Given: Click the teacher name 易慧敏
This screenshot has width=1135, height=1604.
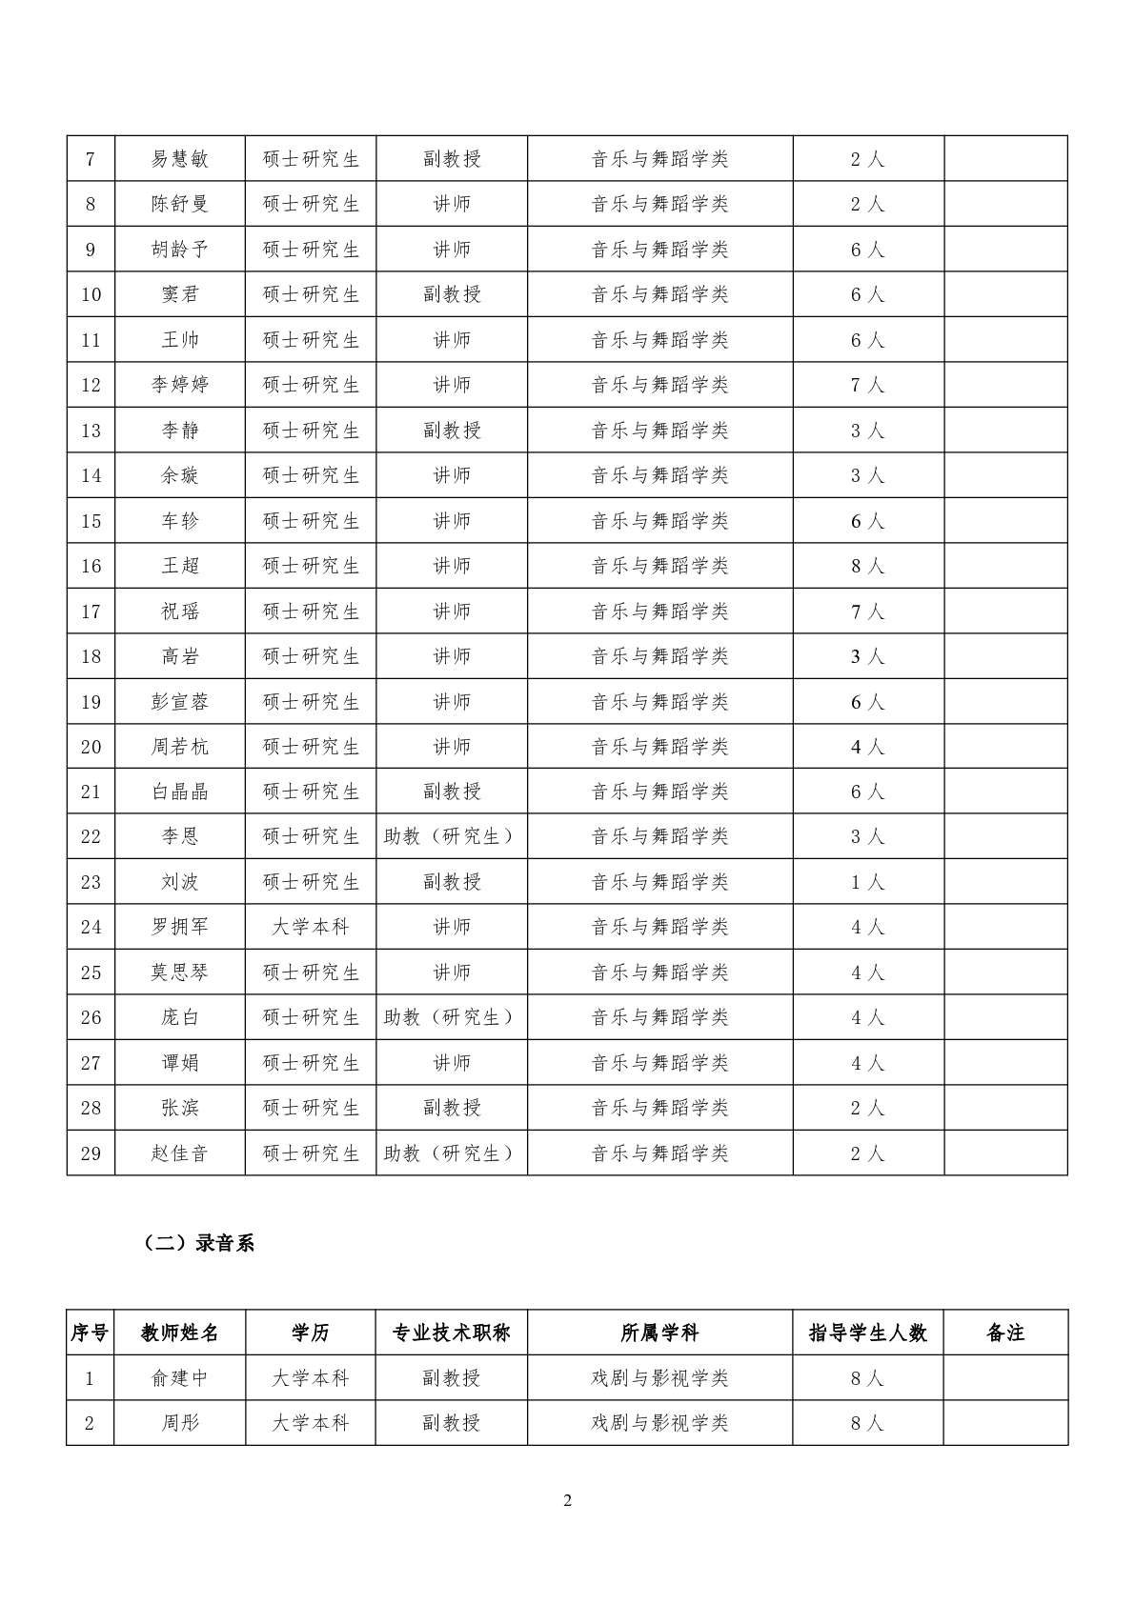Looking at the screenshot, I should pyautogui.click(x=179, y=159).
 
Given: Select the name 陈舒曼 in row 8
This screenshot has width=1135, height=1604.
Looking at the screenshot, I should pyautogui.click(x=179, y=204).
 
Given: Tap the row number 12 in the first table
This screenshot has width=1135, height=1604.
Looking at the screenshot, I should pyautogui.click(x=91, y=385).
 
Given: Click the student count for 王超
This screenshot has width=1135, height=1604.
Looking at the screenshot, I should pyautogui.click(x=867, y=566).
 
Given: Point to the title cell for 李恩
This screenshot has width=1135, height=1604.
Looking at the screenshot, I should pyautogui.click(x=451, y=836).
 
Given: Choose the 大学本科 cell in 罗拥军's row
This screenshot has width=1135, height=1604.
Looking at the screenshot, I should pyautogui.click(x=311, y=927).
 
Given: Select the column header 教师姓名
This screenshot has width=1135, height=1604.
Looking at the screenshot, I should pyautogui.click(x=179, y=1333).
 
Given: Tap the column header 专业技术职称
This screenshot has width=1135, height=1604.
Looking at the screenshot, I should pyautogui.click(x=451, y=1333).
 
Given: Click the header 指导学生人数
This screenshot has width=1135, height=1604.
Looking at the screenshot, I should pyautogui.click(x=867, y=1333).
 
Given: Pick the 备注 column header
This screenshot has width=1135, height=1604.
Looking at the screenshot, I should pyautogui.click(x=1005, y=1333).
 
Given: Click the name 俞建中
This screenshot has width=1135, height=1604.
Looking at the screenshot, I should pyautogui.click(x=179, y=1378).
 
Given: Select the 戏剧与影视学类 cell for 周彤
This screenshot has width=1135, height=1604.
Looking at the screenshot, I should pyautogui.click(x=659, y=1423).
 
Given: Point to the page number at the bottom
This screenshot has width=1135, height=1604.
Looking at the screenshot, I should pyautogui.click(x=568, y=1501).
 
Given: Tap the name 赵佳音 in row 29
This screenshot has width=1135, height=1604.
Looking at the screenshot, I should pyautogui.click(x=179, y=1153).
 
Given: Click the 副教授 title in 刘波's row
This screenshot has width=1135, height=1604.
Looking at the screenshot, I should pyautogui.click(x=451, y=882).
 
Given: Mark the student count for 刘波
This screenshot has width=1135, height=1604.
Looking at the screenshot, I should pyautogui.click(x=867, y=882).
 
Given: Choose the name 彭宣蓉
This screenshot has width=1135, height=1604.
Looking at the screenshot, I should pyautogui.click(x=179, y=702).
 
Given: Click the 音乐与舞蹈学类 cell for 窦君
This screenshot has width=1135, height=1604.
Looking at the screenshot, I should pyautogui.click(x=659, y=294).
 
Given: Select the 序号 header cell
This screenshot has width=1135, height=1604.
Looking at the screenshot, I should pyautogui.click(x=90, y=1333).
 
